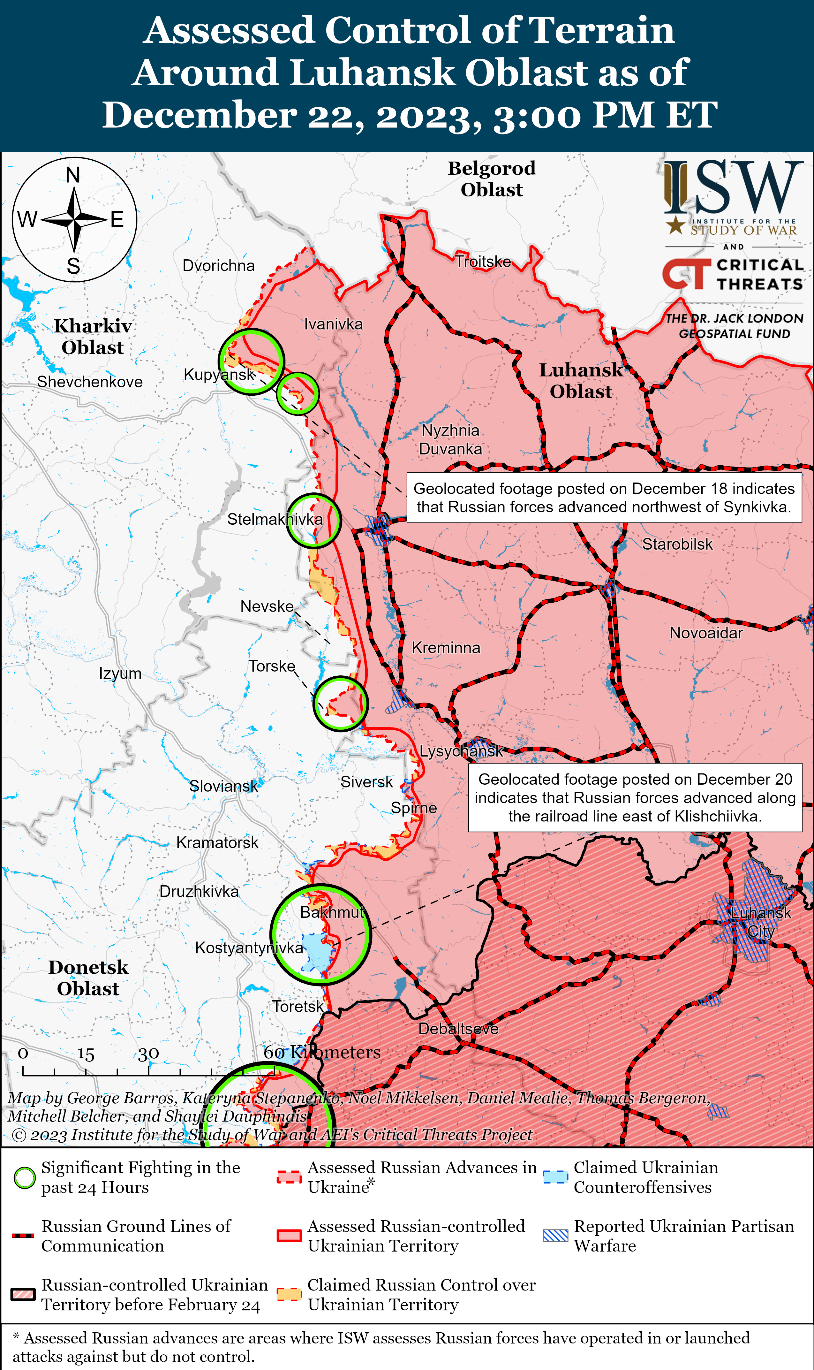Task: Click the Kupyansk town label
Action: pos(219,375)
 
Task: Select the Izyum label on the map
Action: pos(120,673)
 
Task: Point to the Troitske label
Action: pos(483,262)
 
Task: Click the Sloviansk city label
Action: pos(223,786)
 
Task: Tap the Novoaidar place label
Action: pos(706,633)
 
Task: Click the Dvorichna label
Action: pos(218,266)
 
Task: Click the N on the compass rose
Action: pos(73,175)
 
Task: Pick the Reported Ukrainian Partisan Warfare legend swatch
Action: pos(555,1236)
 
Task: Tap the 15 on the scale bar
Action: pos(86,1054)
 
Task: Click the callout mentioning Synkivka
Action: pos(603,498)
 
